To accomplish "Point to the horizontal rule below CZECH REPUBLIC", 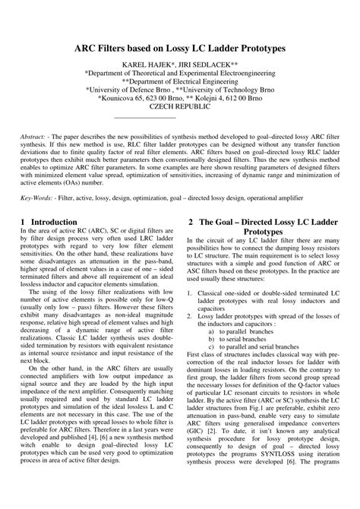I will pyautogui.click(x=144, y=116).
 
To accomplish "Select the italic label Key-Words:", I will pyautogui.click(x=39, y=197).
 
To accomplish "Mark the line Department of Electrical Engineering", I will pyautogui.click(x=179, y=77).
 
